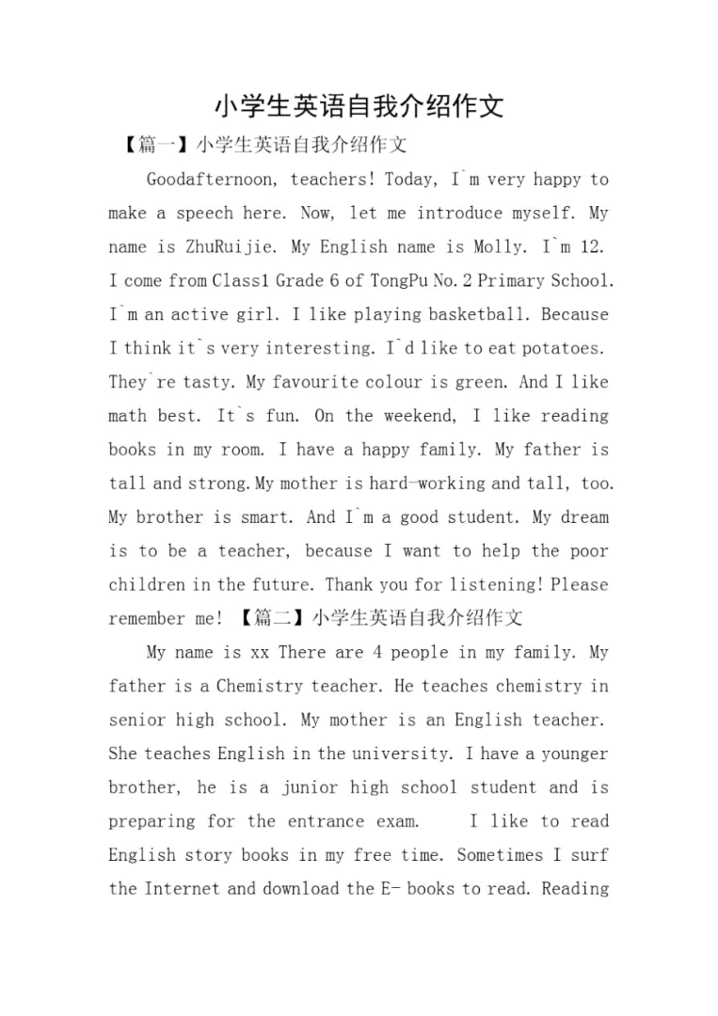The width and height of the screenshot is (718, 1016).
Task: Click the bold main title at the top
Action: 359,105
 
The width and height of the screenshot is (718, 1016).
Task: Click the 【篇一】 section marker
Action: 156,145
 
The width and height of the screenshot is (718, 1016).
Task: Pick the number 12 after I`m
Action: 593,246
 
